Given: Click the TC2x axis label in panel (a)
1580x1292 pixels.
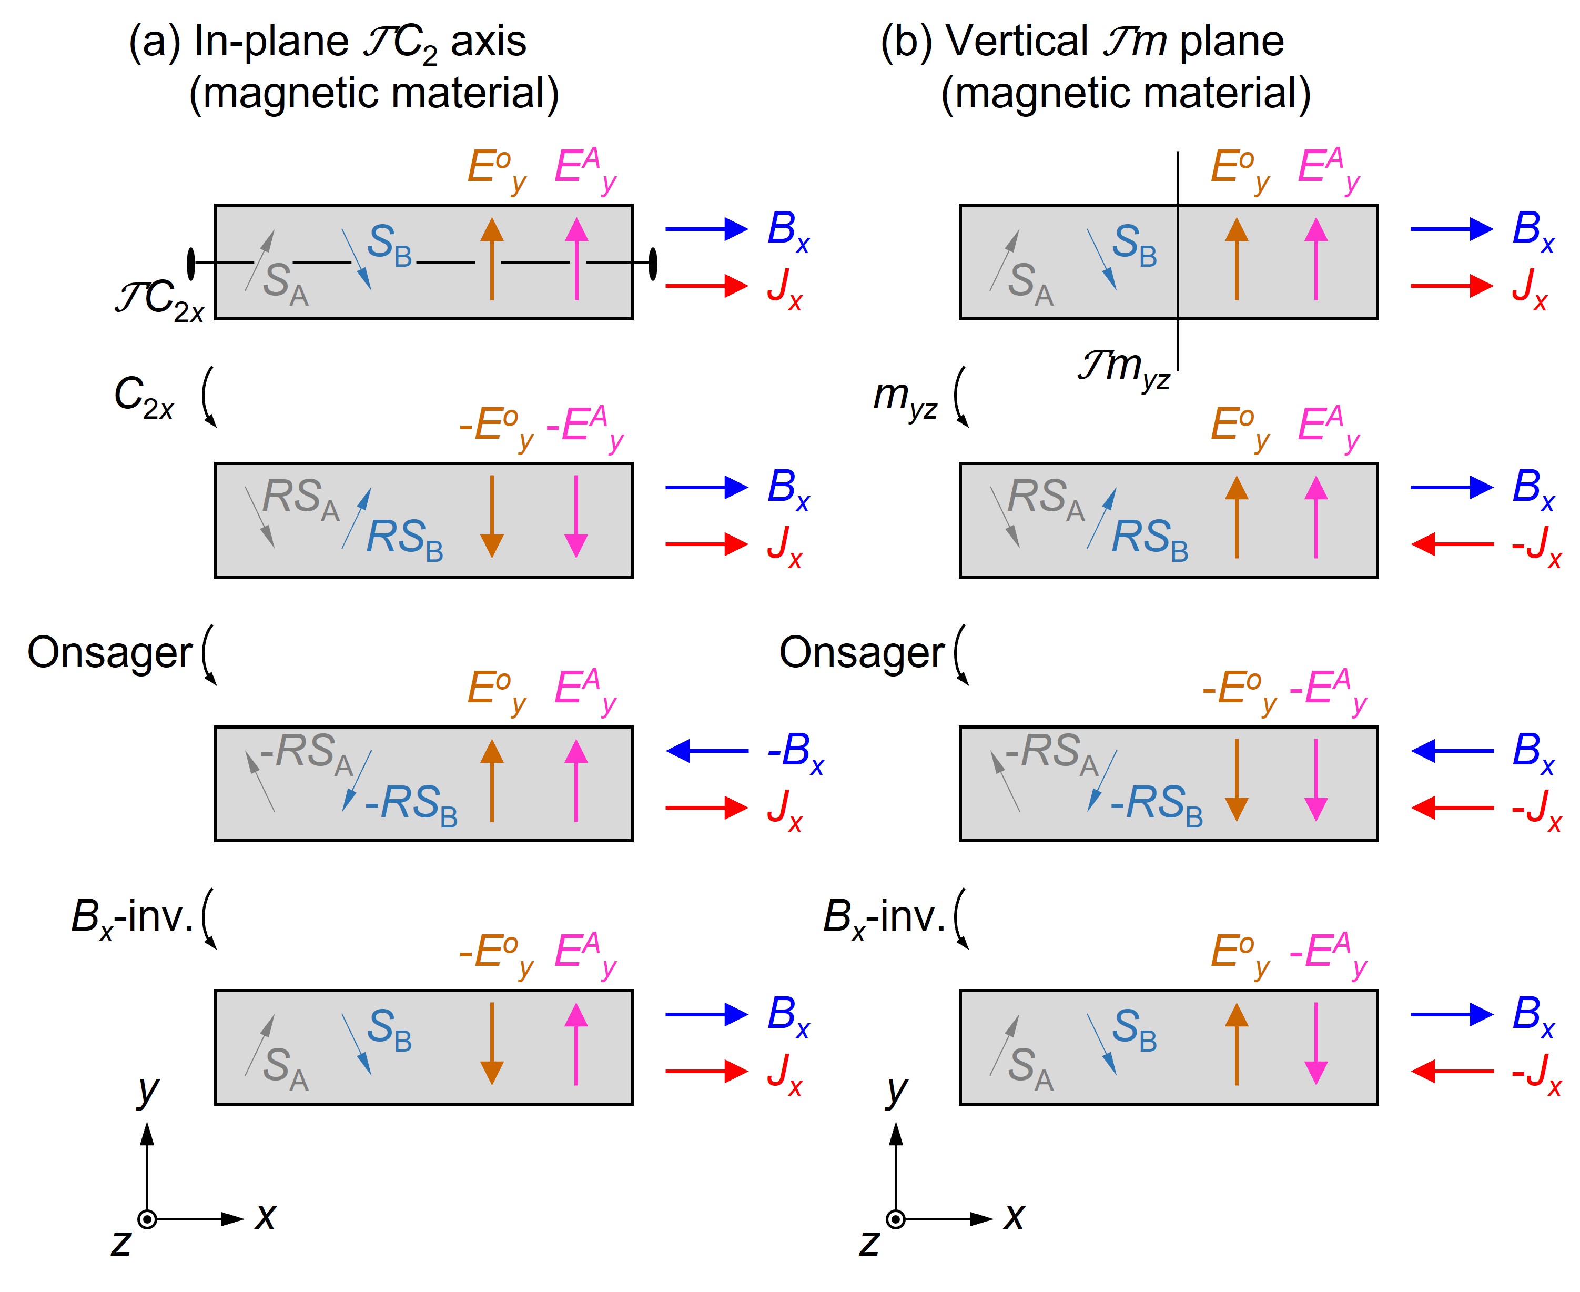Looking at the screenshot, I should tap(159, 302).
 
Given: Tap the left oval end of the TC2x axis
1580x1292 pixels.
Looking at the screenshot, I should tap(191, 263).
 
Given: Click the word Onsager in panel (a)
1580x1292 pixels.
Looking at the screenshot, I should tap(109, 653).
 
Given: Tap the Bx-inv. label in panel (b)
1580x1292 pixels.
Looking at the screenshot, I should tap(884, 917).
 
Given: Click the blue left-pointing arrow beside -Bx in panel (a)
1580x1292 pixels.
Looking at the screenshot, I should tap(706, 750).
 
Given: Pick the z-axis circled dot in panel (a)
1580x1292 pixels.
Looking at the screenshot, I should tap(147, 1219).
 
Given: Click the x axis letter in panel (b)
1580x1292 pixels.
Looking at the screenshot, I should tap(1014, 1217).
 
